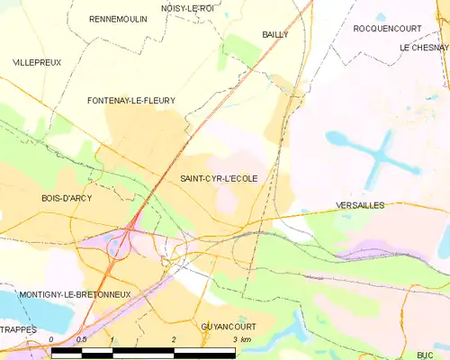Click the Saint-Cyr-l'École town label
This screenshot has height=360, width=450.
point(219,178)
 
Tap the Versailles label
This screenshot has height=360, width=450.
point(359,205)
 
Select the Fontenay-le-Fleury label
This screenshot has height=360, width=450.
point(130,101)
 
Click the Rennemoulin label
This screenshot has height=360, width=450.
point(119,18)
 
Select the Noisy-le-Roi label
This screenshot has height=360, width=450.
point(187,8)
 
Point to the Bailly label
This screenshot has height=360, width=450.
point(274,34)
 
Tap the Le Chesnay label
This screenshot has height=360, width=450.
point(424,47)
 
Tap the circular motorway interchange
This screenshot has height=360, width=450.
point(118,244)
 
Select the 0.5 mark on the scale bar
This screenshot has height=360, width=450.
point(81,340)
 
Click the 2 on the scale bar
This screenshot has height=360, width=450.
point(173,340)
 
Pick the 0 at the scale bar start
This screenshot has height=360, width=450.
point(52,340)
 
